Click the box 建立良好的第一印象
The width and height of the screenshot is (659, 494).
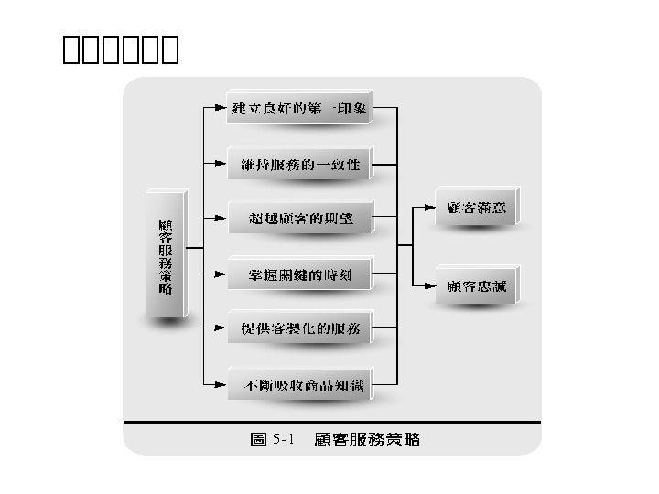[299, 109]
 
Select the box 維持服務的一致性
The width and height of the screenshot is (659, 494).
[299, 166]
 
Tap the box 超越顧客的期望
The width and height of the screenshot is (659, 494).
[299, 219]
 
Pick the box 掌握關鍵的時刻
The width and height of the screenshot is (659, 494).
[299, 274]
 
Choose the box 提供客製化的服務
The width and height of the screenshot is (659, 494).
[299, 328]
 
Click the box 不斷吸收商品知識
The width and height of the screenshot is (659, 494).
[299, 385]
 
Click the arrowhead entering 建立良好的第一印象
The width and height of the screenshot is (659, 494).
[220, 109]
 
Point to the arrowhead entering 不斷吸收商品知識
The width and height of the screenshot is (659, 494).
[220, 385]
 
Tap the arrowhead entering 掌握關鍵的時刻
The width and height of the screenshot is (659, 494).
[220, 274]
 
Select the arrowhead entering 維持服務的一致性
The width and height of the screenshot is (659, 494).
[220, 166]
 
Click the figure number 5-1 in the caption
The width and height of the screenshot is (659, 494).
[282, 440]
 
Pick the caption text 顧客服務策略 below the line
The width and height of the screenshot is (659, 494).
[366, 440]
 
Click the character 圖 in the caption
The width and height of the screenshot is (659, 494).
[259, 440]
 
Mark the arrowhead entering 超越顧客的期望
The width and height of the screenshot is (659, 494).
[220, 219]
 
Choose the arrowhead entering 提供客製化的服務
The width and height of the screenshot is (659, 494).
[220, 328]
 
